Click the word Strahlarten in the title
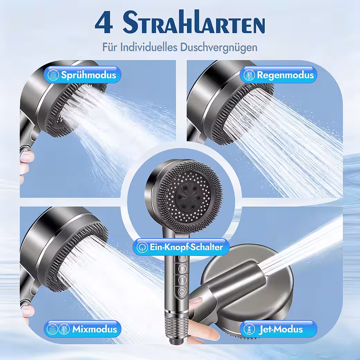[x=194, y=22]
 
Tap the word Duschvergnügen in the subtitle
[x=218, y=47]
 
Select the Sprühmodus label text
[x=88, y=75]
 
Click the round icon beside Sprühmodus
[x=53, y=75]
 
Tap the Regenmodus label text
[x=285, y=75]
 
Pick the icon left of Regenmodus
[x=249, y=75]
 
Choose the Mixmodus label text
[x=94, y=329]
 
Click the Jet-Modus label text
[x=280, y=329]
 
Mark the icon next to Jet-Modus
[x=249, y=329]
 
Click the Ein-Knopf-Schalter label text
[x=186, y=247]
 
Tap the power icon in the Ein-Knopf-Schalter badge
[x=142, y=247]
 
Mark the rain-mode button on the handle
[x=182, y=268]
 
